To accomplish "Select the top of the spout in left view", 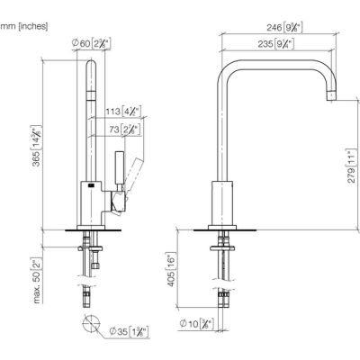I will [x=90, y=63].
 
